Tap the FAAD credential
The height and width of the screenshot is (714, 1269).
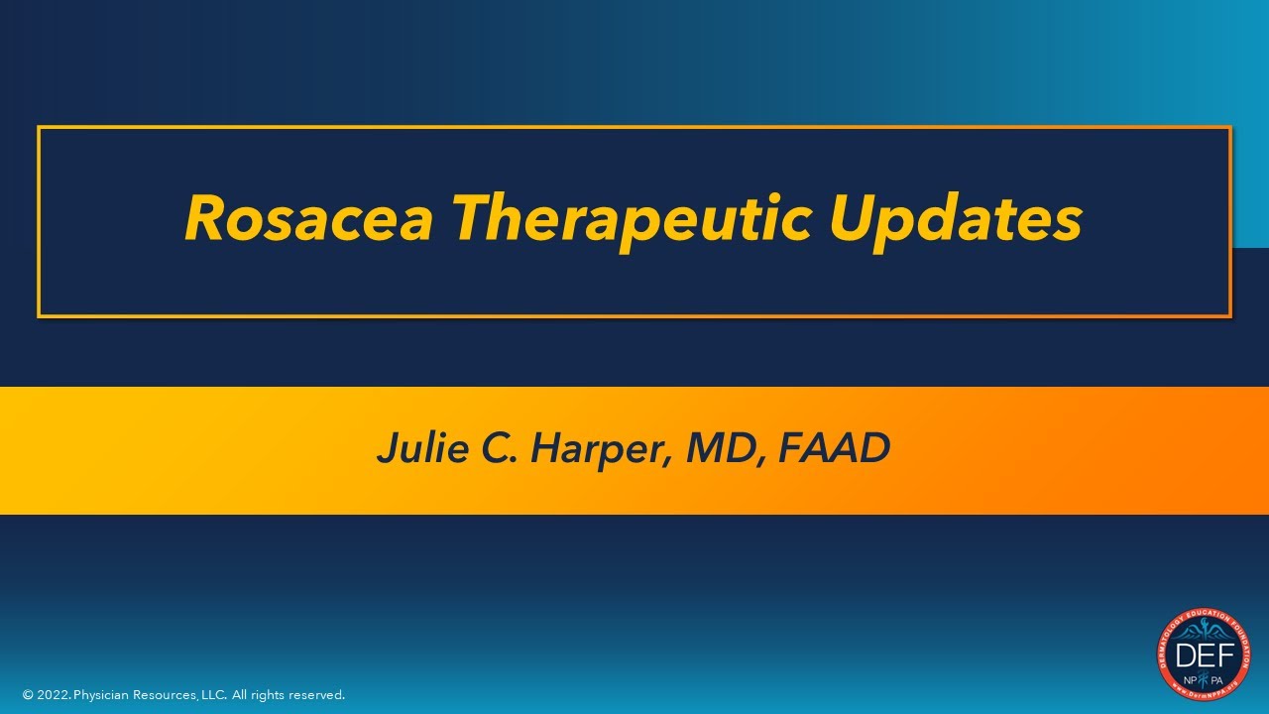(x=835, y=449)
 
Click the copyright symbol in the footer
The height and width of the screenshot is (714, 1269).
(x=28, y=695)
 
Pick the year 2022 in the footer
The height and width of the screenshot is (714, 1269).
(x=55, y=695)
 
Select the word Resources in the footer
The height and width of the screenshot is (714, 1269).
(x=168, y=695)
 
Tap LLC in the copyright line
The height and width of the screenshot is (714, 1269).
(x=213, y=695)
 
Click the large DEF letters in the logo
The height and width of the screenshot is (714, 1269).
(x=1204, y=655)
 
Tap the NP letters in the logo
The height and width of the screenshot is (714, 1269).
(x=1188, y=680)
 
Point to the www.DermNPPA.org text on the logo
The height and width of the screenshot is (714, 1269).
(x=1204, y=694)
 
